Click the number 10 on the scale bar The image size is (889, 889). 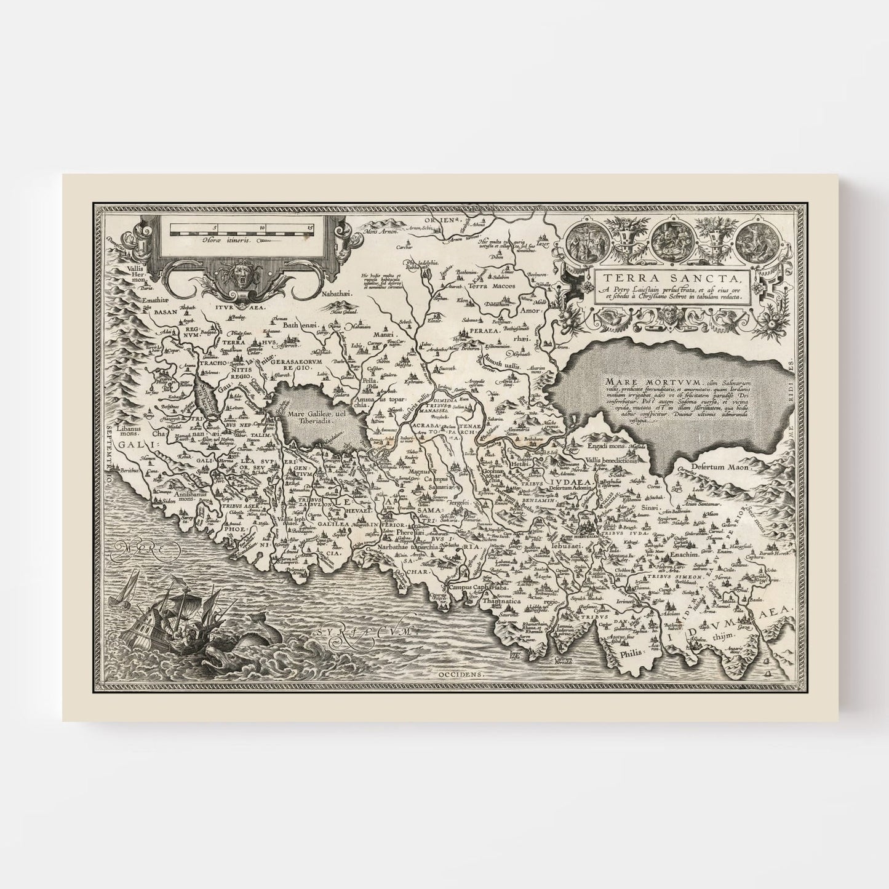[x=263, y=227]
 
